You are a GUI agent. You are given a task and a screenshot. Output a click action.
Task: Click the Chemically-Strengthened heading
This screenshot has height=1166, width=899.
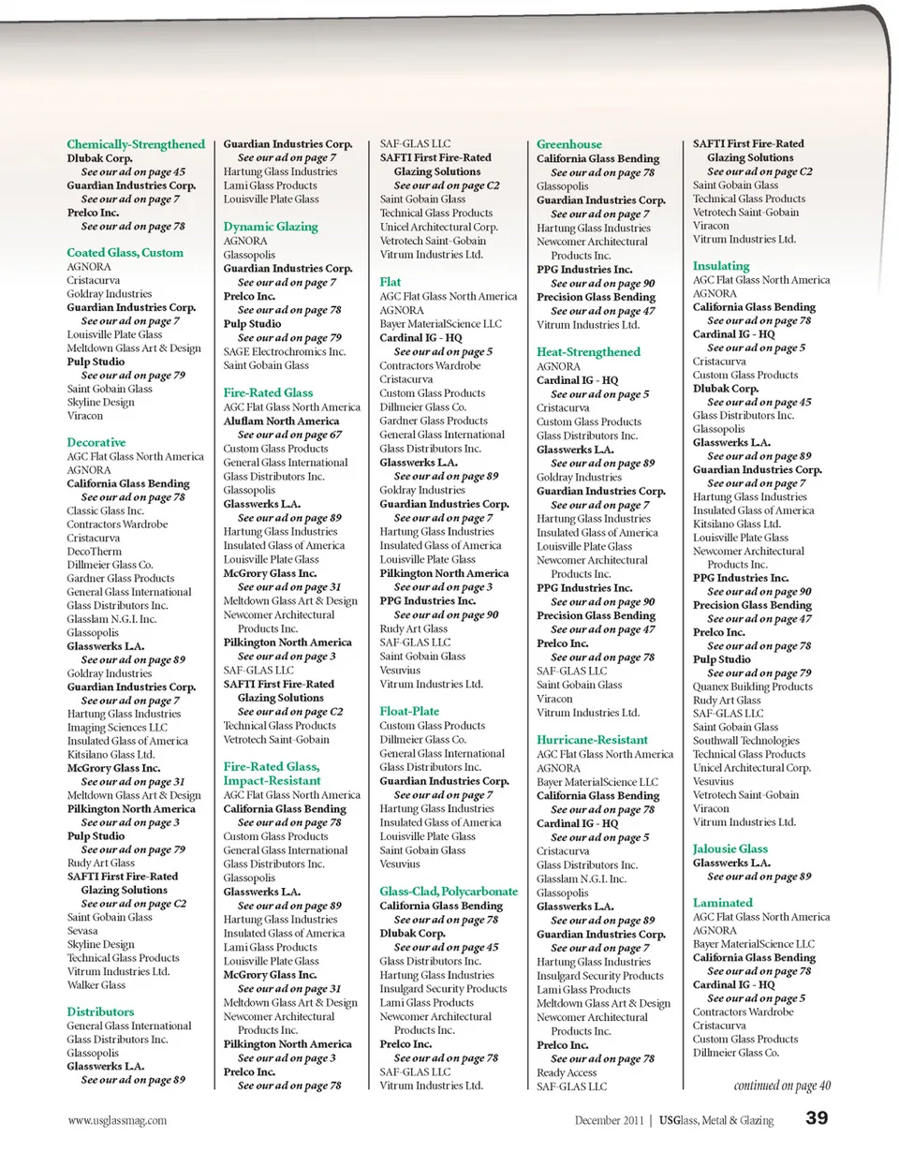[136, 144]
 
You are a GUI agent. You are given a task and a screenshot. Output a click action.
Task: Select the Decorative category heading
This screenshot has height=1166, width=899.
[96, 442]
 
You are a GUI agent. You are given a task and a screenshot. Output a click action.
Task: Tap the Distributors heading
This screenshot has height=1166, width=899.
[100, 1011]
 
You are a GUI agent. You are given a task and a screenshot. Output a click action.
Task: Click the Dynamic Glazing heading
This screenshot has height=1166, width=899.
[271, 227]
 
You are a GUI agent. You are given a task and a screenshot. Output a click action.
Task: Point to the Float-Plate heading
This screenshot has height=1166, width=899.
[410, 711]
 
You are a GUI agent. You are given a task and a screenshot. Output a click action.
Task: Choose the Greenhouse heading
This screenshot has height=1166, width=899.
[569, 144]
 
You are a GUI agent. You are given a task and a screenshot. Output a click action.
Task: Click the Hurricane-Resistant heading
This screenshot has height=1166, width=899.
[592, 740]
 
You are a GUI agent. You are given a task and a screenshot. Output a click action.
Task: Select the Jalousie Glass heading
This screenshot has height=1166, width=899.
[730, 849]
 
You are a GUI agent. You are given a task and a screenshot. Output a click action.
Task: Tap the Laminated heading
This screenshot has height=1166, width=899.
[722, 903]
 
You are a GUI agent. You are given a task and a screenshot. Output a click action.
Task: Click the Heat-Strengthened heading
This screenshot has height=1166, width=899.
[588, 352]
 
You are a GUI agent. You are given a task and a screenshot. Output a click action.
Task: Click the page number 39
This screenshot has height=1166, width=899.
[817, 1118]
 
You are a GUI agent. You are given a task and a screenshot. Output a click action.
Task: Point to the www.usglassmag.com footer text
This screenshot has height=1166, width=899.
[117, 1120]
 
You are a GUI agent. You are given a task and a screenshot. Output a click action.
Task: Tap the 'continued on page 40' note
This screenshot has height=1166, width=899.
[782, 1086]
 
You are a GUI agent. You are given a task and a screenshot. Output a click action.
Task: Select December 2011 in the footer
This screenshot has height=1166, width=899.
[609, 1120]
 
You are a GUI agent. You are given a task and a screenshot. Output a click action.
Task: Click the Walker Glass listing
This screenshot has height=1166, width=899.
[96, 985]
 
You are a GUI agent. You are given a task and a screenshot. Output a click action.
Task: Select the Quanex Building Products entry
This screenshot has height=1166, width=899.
[752, 686]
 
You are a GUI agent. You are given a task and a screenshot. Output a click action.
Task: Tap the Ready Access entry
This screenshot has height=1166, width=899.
[567, 1073]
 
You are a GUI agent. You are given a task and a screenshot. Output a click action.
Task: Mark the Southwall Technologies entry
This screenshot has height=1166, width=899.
[745, 741]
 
